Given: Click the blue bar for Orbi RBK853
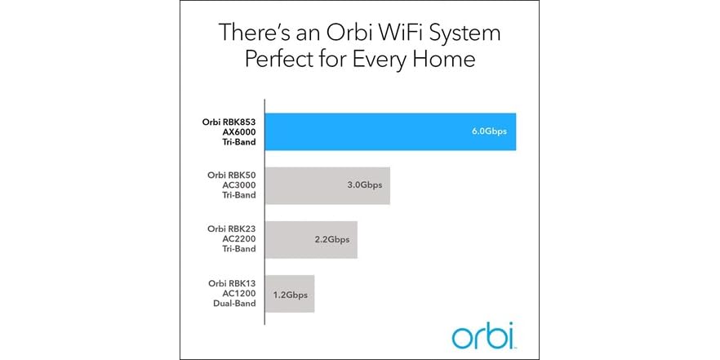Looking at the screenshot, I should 392,131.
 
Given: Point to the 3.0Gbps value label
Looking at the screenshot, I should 365,186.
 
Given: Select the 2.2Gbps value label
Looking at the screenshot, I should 331,240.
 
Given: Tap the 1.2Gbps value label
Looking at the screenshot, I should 290,292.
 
